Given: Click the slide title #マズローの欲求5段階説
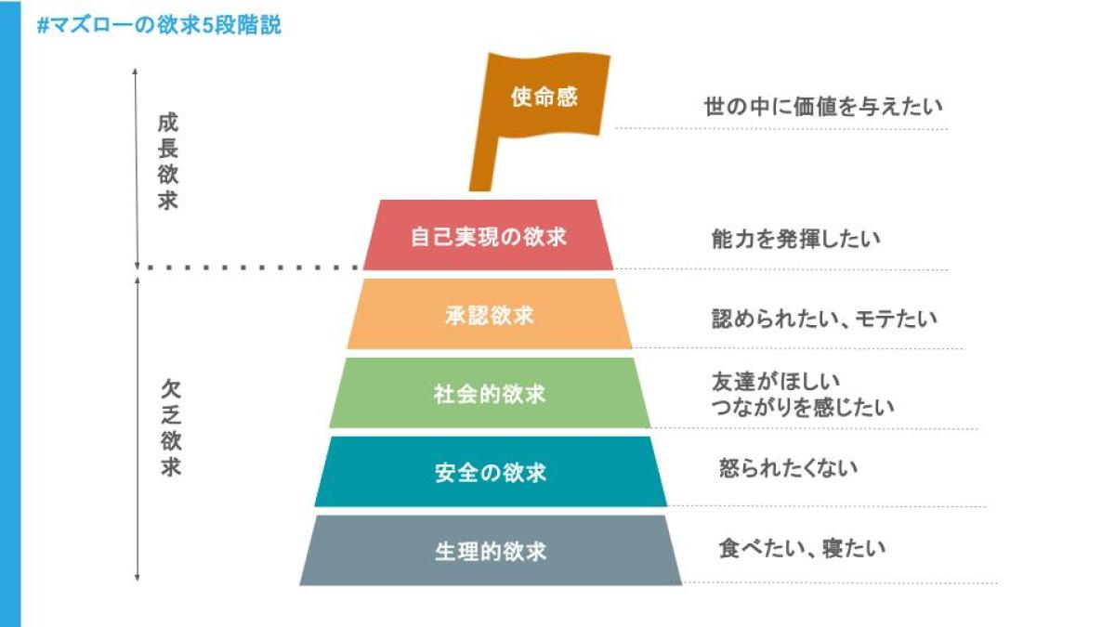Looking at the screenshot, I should pos(159,25).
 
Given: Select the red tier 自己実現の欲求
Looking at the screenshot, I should pos(488,236).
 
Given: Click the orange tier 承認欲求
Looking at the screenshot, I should pos(489,315).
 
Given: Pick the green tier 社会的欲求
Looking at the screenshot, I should pos(489,394).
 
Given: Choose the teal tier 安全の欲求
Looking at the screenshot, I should pos(490,473).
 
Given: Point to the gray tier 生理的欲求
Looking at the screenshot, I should pos(490,552).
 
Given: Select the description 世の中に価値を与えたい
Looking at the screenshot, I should pos(823,106).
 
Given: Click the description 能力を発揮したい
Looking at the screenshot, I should pos(795,239).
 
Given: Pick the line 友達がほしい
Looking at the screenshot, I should pos(775,381).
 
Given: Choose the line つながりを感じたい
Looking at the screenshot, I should pos(802,407).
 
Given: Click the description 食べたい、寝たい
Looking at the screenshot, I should pos(802,548).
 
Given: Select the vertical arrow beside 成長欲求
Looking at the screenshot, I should pos(136,167).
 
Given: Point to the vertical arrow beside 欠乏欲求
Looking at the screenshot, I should pos(138,427).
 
